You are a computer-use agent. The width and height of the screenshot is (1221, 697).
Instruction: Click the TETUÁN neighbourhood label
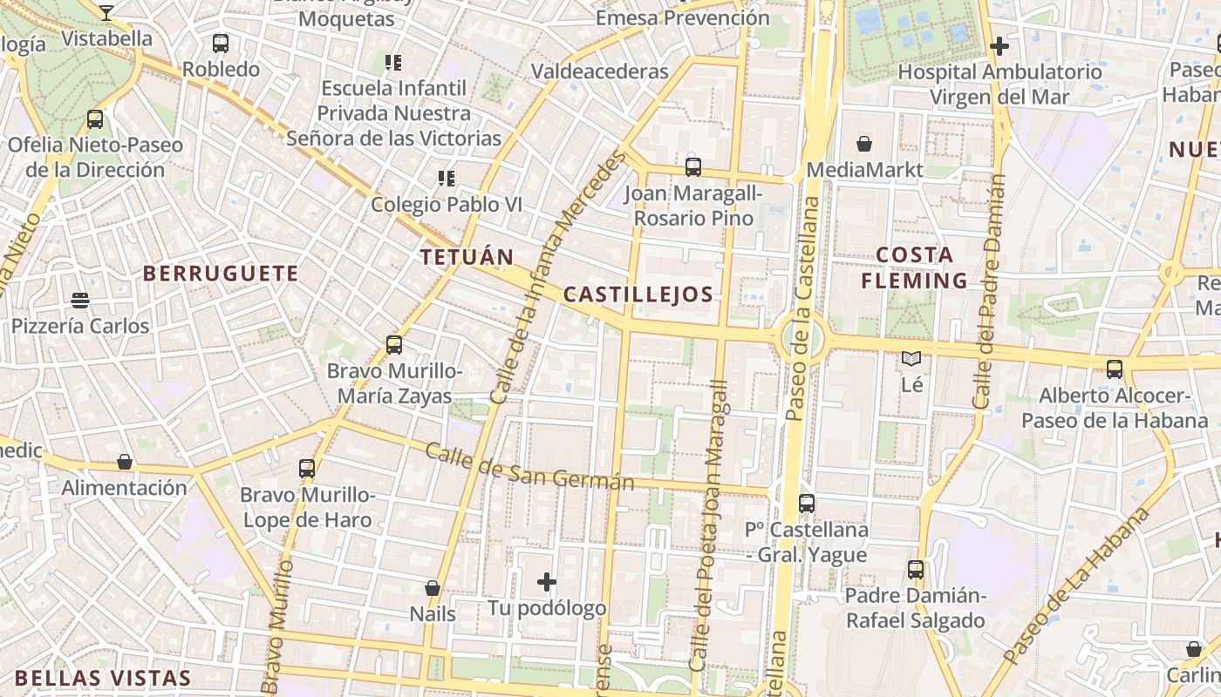[467, 257]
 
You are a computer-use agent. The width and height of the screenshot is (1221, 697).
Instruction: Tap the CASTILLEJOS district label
[638, 294]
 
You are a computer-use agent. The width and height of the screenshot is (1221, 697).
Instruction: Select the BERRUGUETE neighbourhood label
[221, 274]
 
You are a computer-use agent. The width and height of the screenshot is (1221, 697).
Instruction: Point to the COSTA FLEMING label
[914, 267]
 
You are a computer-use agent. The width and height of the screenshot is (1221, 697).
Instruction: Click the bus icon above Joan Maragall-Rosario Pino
[693, 166]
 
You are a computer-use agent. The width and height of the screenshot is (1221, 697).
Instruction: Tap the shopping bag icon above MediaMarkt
[864, 144]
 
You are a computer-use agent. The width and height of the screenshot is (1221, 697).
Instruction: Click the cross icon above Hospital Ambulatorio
[999, 45]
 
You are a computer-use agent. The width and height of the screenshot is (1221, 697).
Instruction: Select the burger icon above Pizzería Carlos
[80, 301]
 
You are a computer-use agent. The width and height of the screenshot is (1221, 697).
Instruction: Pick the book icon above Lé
[911, 358]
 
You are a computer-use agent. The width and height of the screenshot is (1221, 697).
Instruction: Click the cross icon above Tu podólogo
[547, 581]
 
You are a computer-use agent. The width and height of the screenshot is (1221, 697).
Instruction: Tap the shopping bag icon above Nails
[433, 588]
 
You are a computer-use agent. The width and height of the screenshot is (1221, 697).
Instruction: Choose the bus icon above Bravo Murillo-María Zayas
[394, 345]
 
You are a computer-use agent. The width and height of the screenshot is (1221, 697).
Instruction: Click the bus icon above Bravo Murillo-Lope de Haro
[307, 469]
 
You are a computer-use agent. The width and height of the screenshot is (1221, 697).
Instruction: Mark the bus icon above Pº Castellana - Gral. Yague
[807, 503]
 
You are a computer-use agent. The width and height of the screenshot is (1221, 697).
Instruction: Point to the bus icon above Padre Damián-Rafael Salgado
[916, 570]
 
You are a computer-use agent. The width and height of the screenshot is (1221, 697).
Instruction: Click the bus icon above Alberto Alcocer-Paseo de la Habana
[1115, 369]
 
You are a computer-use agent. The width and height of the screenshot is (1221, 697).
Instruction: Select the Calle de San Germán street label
[529, 467]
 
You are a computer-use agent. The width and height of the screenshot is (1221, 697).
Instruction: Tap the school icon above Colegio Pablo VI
[447, 179]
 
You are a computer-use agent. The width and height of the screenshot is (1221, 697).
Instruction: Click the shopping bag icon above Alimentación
[125, 462]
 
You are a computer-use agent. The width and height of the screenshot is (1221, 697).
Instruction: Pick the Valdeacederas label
[600, 71]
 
